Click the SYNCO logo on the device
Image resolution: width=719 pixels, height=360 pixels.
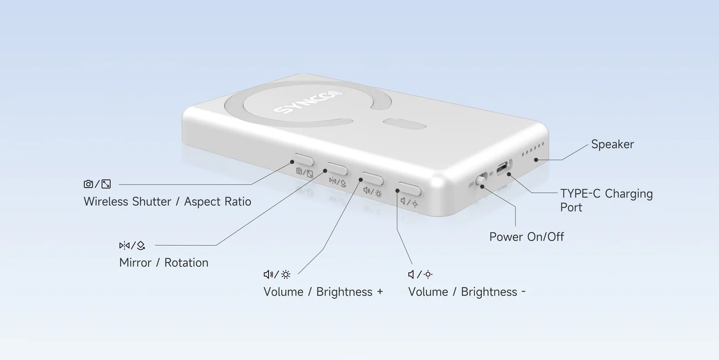point(308,102)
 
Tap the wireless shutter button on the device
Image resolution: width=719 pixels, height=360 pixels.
point(304,160)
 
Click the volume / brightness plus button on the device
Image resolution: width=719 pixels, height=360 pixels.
point(372,179)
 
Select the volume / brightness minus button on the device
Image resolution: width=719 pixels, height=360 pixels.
point(409,189)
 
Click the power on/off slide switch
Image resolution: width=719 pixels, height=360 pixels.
point(482,179)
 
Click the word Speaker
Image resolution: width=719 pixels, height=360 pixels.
point(612,144)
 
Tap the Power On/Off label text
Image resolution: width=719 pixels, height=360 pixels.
point(526,237)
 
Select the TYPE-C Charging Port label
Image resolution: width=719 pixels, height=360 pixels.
point(606,200)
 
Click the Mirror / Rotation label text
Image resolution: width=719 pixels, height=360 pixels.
point(164,262)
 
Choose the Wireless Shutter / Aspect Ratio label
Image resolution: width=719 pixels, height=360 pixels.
point(167,201)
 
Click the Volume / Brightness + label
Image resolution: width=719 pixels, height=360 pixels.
point(323,292)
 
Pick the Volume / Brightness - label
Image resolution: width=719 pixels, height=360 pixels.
point(467,292)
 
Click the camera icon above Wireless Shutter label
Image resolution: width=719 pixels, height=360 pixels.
point(88,184)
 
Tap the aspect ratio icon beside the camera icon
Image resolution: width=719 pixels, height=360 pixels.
point(106,184)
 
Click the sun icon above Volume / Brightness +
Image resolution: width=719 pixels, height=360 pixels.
point(286,275)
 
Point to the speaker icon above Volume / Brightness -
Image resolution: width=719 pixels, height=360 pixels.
point(411,275)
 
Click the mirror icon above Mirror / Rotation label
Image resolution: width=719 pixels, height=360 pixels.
point(124,245)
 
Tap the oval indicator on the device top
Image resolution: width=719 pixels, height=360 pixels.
point(404,124)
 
